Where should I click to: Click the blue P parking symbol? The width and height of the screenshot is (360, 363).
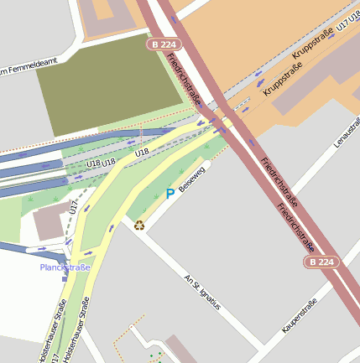click(x=170, y=194)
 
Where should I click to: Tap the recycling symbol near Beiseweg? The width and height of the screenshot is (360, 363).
click(x=139, y=224)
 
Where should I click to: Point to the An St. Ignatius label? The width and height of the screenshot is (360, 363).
click(x=202, y=292)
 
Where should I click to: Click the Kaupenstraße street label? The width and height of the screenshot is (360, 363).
click(x=300, y=315)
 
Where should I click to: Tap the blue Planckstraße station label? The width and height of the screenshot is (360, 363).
click(x=65, y=267)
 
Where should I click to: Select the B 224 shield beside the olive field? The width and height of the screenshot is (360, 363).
click(x=164, y=44)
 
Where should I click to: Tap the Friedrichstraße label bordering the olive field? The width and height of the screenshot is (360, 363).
click(x=184, y=80)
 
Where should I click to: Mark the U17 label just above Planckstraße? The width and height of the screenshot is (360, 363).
click(x=75, y=206)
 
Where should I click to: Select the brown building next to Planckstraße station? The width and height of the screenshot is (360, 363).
click(x=51, y=220)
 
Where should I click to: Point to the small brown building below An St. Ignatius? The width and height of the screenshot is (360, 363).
click(x=179, y=348)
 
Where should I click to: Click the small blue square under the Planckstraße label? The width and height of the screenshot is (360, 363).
click(x=64, y=278)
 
